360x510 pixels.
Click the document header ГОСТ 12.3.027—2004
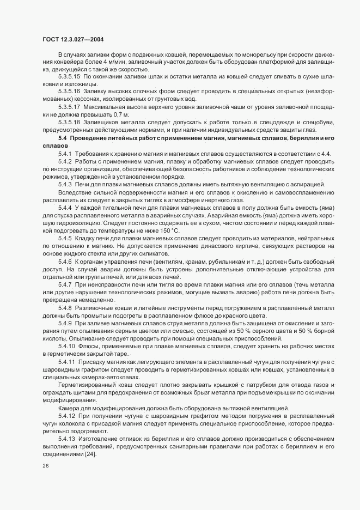click(73, 39)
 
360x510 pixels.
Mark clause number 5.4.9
click(65, 324)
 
